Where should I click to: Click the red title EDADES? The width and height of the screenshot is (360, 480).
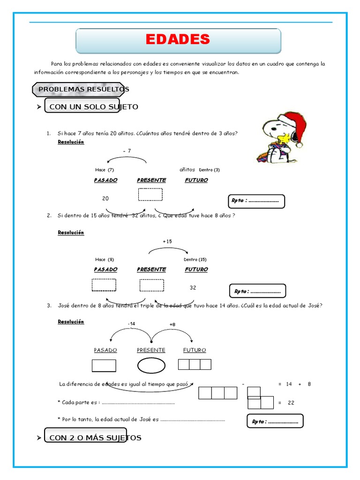click(178, 40)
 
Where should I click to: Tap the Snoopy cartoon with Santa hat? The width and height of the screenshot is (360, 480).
click(281, 137)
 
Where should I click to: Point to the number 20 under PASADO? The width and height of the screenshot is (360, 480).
click(105, 199)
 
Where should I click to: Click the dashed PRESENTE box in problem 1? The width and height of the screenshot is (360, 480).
click(150, 194)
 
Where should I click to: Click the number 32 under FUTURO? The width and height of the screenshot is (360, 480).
click(193, 288)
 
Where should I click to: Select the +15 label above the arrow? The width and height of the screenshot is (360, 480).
click(167, 241)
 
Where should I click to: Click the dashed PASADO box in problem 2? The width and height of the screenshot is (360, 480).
click(104, 285)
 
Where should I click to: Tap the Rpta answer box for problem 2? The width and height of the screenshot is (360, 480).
click(257, 291)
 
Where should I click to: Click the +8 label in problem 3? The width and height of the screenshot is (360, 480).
click(172, 324)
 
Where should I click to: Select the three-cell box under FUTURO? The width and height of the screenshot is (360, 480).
click(195, 364)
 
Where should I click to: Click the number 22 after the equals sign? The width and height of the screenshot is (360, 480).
click(291, 403)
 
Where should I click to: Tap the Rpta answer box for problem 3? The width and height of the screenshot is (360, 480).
click(275, 421)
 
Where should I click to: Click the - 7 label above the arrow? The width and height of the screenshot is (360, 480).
click(127, 151)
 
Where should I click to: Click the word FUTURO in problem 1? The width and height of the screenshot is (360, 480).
click(196, 180)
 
